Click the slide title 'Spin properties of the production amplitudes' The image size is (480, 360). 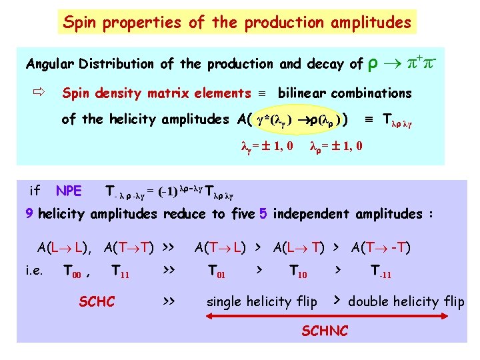(237, 22)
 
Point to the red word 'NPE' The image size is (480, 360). (69, 191)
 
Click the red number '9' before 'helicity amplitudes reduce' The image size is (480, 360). (29, 214)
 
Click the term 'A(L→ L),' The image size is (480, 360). (65, 248)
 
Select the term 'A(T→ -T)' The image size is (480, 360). (381, 248)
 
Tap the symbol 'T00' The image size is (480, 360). (74, 271)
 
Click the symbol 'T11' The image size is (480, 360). (121, 271)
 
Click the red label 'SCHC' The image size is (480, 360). (97, 301)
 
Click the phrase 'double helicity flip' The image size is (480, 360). (406, 301)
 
